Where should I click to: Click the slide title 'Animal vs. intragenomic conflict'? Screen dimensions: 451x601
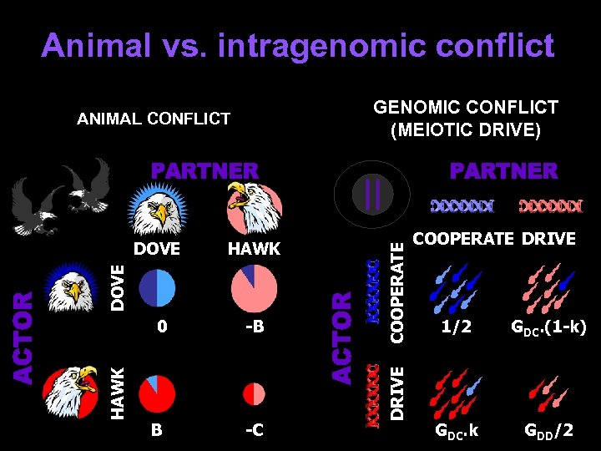(x=298, y=45)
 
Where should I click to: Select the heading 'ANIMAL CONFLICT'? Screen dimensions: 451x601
(x=154, y=119)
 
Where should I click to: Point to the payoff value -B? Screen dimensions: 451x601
(x=255, y=327)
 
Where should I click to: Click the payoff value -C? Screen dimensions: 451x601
(x=255, y=431)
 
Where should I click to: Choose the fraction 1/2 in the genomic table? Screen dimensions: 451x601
(x=457, y=328)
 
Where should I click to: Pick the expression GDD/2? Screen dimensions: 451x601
(x=548, y=431)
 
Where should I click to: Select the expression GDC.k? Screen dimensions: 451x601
(x=457, y=432)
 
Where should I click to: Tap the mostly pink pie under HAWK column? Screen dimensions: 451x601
(x=254, y=288)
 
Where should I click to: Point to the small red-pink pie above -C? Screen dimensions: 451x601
(x=254, y=393)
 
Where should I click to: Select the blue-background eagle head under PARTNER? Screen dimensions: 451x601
(x=157, y=209)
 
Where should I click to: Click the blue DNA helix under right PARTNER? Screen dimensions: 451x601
(x=462, y=205)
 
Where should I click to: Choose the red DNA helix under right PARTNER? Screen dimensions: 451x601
(x=551, y=205)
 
